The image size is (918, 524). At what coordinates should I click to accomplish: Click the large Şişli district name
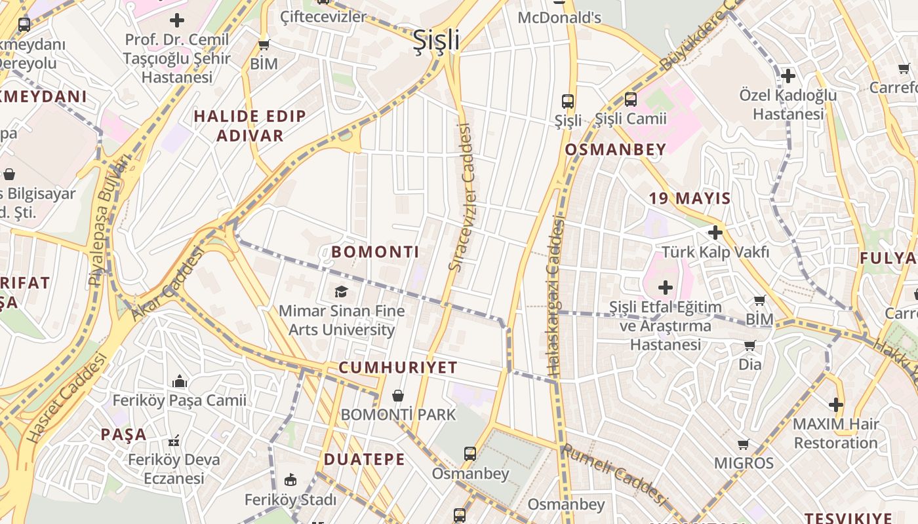point(436,41)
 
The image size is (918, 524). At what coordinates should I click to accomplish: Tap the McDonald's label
point(559,17)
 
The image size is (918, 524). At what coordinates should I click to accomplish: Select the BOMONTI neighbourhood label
point(375,252)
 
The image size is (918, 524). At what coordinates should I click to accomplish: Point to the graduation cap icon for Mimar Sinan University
point(341,291)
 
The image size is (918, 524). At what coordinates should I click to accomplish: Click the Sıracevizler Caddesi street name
point(461,196)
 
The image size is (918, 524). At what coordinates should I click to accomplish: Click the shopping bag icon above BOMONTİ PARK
point(397,396)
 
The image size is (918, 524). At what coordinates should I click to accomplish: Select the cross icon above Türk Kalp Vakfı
point(715,232)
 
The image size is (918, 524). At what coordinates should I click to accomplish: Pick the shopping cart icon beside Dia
point(749,345)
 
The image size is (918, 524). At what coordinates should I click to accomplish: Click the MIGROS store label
point(744,463)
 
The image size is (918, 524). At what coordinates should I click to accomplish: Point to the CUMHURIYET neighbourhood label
point(397,367)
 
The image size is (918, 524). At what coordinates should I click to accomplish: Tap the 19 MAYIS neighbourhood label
point(690,198)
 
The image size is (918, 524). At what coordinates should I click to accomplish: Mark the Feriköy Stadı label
point(290,500)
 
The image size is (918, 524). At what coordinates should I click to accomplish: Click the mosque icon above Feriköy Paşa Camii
point(179,381)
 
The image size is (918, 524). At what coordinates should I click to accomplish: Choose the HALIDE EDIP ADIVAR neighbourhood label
point(250,126)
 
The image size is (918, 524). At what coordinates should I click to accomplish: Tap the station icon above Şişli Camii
point(630,100)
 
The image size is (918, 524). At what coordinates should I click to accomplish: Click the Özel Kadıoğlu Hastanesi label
point(788,104)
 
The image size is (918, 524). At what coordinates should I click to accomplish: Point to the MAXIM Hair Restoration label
point(835,433)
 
